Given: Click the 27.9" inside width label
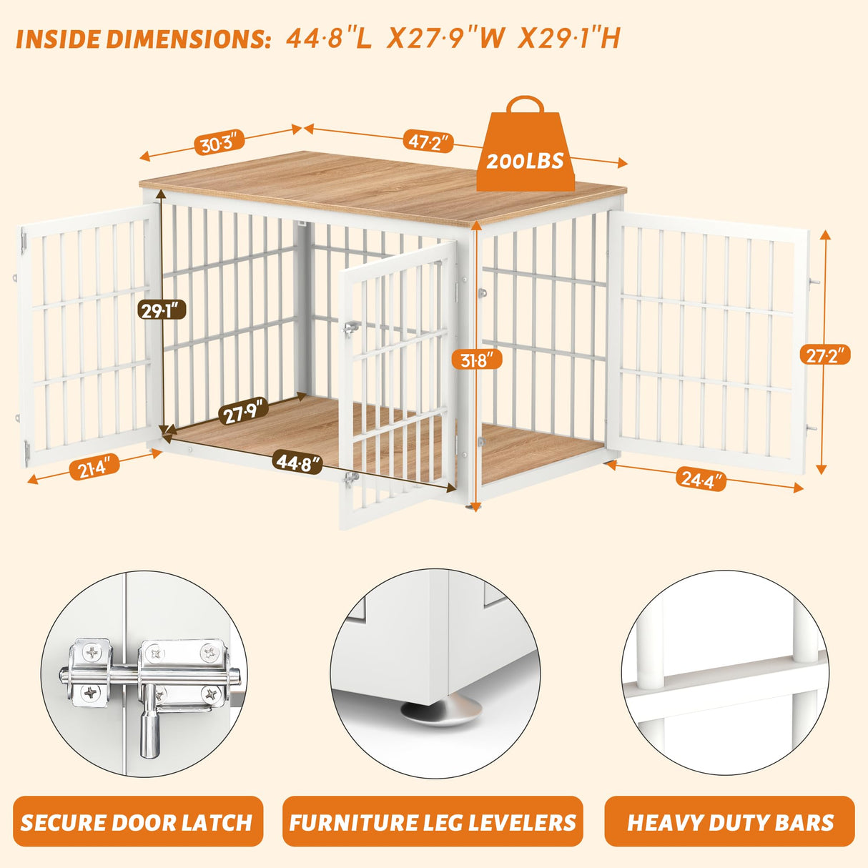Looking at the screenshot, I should point(243,411).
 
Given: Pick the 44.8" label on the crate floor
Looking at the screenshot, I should point(297,463).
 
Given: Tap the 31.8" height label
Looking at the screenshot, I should point(476,359).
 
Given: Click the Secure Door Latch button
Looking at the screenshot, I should point(137,822).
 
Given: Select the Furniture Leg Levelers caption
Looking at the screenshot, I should point(433,822).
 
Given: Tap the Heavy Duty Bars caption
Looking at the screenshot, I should point(730,822).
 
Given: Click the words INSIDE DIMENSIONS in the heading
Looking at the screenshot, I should point(143,39).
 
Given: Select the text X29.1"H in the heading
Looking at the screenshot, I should point(568,38).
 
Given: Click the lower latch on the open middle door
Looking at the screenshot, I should point(350,478).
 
